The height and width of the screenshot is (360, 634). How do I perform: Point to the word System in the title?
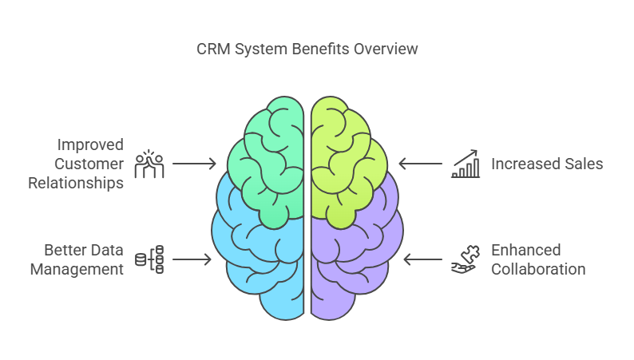257,49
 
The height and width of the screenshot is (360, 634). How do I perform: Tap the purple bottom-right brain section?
355,255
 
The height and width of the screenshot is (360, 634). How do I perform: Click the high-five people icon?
149,164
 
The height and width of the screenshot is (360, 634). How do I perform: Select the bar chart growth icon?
466,164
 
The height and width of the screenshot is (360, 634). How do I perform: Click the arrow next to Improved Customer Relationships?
194,164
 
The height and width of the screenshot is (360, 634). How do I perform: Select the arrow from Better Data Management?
192,259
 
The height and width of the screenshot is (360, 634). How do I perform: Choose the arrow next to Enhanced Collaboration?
423,259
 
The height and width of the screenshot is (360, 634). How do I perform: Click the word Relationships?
76,183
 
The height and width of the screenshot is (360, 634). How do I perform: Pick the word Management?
77,269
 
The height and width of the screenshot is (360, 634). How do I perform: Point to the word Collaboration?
538,269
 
